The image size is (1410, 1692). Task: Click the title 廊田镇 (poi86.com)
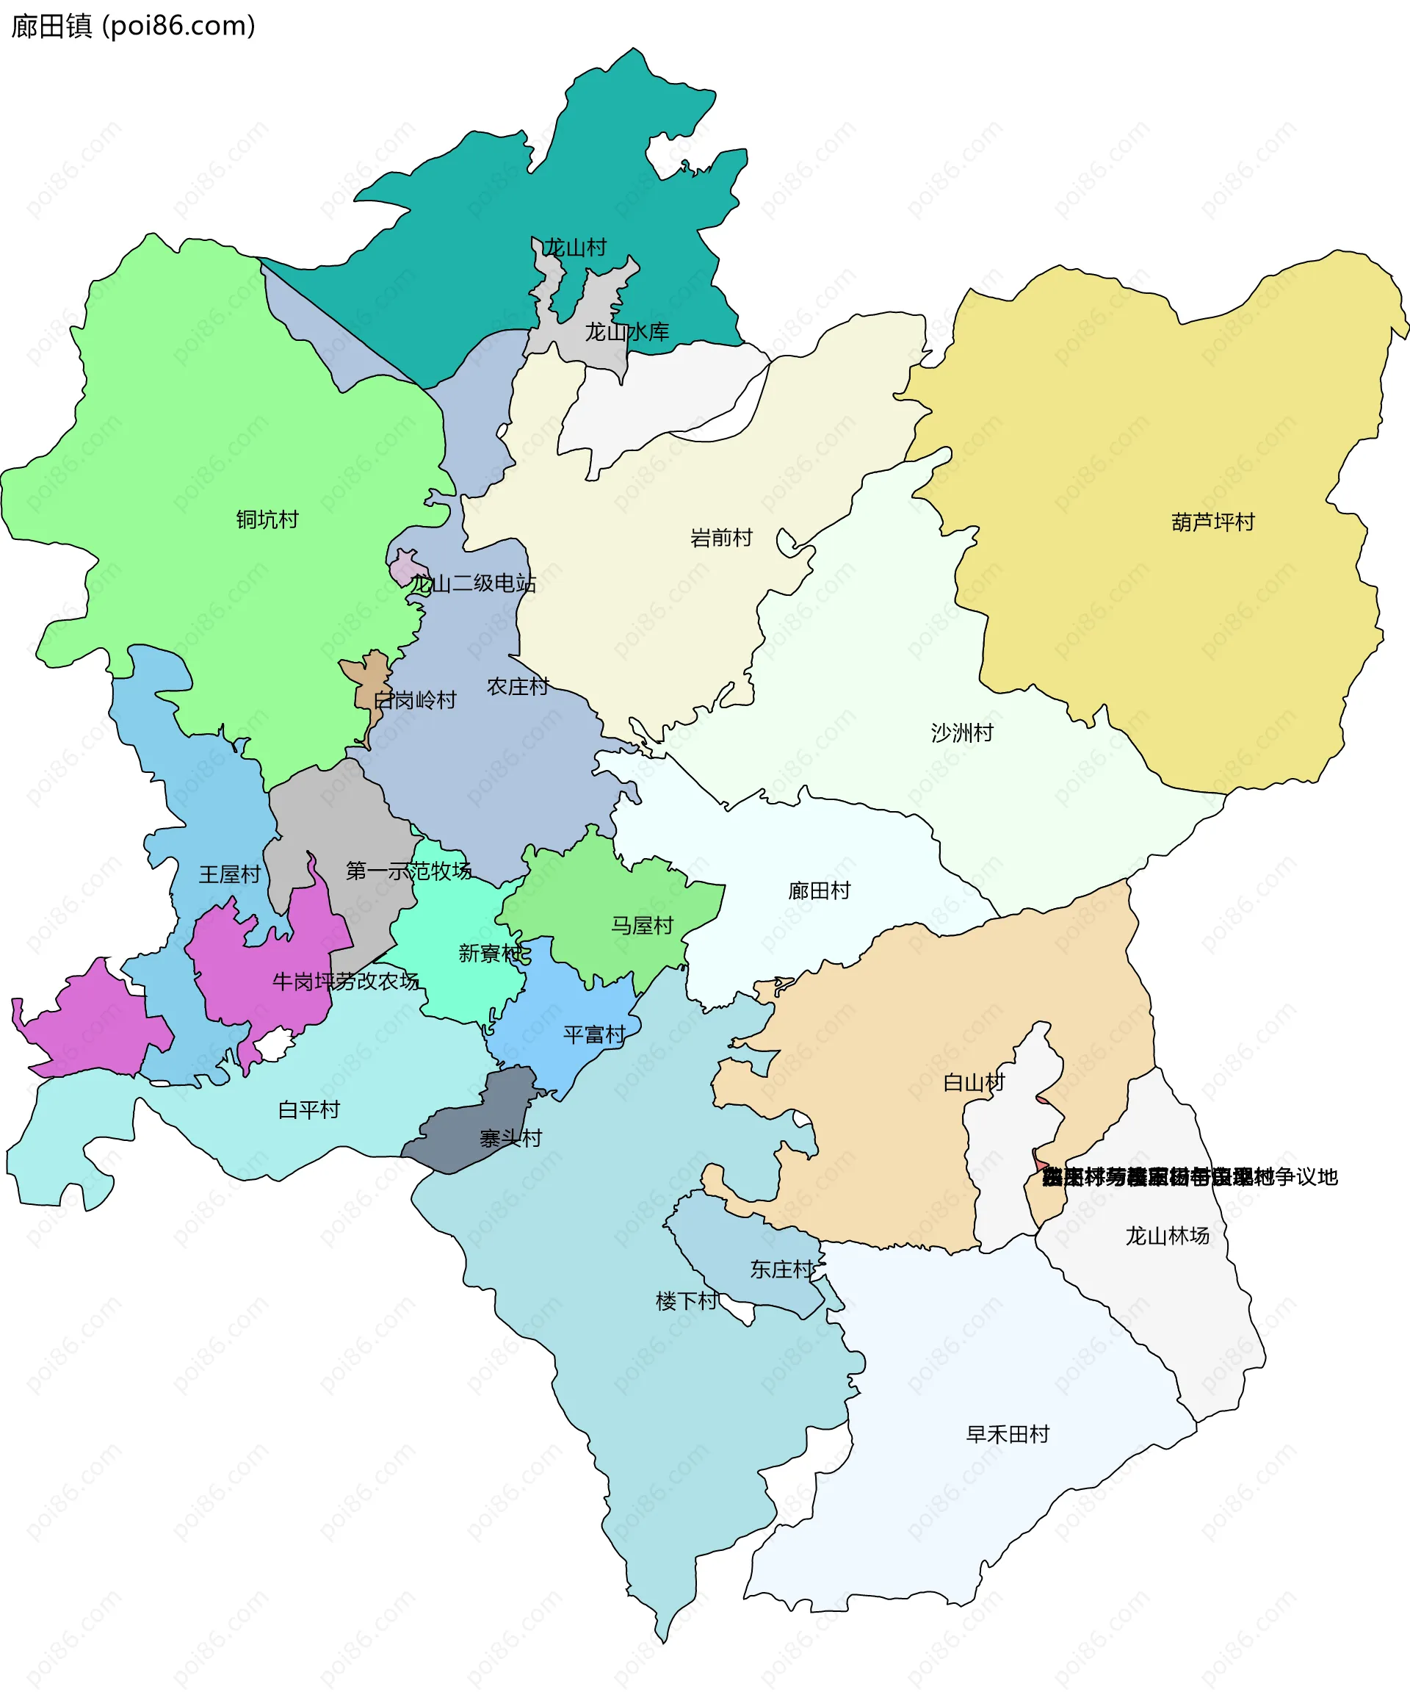[x=134, y=26]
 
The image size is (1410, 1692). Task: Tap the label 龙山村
[x=575, y=248]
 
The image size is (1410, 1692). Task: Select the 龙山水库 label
[x=626, y=332]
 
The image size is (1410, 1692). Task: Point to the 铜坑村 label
[x=267, y=519]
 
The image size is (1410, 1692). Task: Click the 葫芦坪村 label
[x=1212, y=522]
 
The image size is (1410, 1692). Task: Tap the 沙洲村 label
[x=961, y=732]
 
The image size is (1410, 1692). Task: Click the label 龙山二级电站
[x=473, y=583]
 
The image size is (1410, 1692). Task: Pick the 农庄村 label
[x=518, y=686]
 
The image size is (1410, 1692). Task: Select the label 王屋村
[x=230, y=874]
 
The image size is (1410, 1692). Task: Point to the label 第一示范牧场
[x=408, y=871]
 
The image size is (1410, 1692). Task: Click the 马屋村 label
[x=642, y=926]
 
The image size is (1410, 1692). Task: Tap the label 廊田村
[x=819, y=890]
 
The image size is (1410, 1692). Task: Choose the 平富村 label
[x=594, y=1034]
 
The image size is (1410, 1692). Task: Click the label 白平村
[x=308, y=1110]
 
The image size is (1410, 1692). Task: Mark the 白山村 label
[x=974, y=1083]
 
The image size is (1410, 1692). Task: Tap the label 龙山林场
[x=1167, y=1236]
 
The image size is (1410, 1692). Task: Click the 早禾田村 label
[x=1008, y=1434]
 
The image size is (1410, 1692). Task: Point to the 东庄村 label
[x=782, y=1270]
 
